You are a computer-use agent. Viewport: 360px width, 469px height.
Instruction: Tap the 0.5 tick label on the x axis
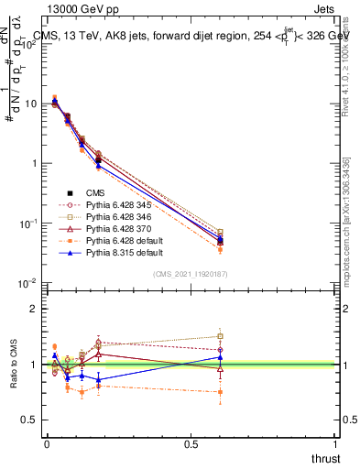pyautogui.click(x=191, y=445)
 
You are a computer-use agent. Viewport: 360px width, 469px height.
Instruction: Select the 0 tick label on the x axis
pyautogui.click(x=47, y=445)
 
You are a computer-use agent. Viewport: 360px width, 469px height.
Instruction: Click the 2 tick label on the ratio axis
pyautogui.click(x=33, y=309)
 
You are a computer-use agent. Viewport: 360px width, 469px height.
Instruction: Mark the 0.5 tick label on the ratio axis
pyautogui.click(x=29, y=420)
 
